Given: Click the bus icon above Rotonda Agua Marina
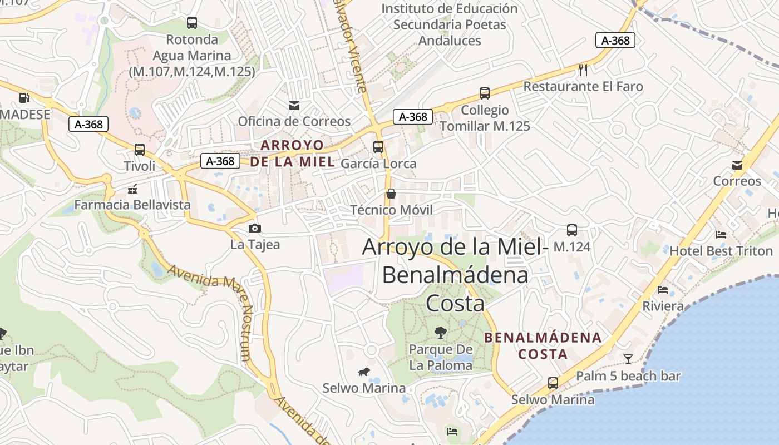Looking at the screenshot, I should click(x=192, y=23).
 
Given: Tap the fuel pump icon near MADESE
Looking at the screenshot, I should click(x=24, y=98).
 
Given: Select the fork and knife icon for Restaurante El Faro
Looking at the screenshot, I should click(x=583, y=70).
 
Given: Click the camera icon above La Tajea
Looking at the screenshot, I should click(x=255, y=228).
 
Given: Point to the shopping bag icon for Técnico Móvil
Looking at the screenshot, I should click(x=391, y=194).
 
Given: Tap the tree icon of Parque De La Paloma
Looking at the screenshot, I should click(x=441, y=333).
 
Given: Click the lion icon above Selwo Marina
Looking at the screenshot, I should click(x=364, y=372).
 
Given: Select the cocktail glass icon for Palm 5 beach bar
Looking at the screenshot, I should click(x=628, y=359).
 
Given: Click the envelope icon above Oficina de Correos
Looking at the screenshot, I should click(x=294, y=105).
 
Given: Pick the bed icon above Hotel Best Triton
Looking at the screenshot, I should click(x=721, y=234).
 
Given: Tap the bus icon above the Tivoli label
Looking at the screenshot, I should click(x=140, y=150).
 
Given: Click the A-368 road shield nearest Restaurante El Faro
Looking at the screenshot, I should click(x=615, y=40).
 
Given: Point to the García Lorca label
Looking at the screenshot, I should click(x=378, y=164).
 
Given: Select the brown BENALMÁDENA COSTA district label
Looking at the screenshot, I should click(x=543, y=345).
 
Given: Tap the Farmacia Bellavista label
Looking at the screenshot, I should click(x=132, y=205).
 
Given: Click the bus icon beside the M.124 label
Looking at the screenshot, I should click(x=572, y=230).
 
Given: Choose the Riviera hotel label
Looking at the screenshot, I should click(x=663, y=306).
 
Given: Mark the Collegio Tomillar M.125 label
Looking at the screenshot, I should click(x=485, y=118).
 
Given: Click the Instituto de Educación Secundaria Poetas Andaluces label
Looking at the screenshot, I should click(x=450, y=24).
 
